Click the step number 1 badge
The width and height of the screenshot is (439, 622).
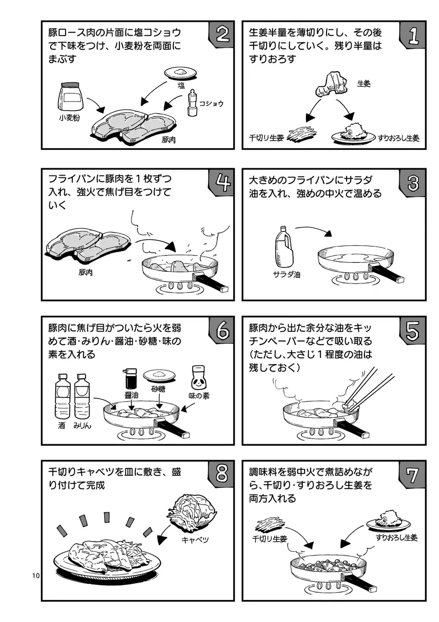(412, 35)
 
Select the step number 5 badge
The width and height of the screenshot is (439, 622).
(412, 330)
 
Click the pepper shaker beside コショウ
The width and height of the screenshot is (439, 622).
(192, 103)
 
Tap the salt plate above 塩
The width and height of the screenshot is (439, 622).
(180, 73)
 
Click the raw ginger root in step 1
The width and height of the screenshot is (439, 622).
(332, 85)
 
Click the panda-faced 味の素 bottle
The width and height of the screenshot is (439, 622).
(198, 377)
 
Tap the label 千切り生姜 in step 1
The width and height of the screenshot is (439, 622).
(266, 138)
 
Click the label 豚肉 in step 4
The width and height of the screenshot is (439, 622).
(86, 272)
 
